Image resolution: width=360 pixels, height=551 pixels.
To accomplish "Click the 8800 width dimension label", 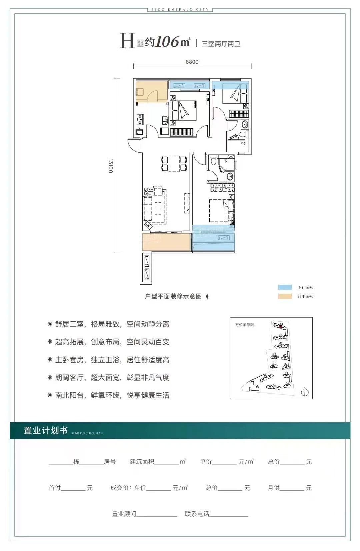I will tap(192, 62).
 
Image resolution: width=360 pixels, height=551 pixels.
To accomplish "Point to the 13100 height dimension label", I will tap(111, 166).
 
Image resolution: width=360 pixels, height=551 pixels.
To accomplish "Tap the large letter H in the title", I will tap(127, 41).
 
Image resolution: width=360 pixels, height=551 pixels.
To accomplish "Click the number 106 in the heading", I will tap(167, 42).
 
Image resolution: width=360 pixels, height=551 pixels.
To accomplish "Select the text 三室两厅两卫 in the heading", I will tap(221, 44).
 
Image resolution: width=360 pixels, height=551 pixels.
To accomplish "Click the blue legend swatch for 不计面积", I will tap(285, 287).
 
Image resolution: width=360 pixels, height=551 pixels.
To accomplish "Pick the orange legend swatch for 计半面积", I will tap(285, 296).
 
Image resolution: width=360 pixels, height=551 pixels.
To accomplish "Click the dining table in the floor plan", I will tap(174, 164).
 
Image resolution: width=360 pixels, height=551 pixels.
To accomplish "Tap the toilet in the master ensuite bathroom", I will tap(213, 162).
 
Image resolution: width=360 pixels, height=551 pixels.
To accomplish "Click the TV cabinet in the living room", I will tap(187, 204).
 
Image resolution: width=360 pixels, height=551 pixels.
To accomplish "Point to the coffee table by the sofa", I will tap(158, 208).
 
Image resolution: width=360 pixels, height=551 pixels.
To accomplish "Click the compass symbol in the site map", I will tap(305, 392).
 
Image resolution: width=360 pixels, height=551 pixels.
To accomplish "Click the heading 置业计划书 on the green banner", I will tap(46, 430).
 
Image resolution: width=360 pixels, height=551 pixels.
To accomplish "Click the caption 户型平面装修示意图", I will tap(173, 296).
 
